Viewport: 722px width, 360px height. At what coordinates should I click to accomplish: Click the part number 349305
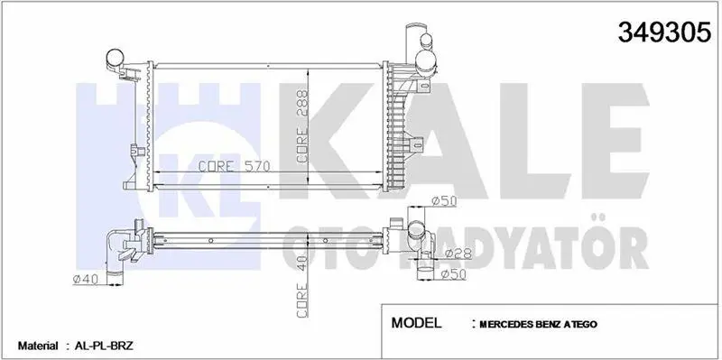(664, 32)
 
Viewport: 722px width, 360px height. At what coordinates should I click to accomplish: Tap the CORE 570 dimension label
(234, 166)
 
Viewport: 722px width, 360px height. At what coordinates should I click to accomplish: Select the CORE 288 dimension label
(302, 126)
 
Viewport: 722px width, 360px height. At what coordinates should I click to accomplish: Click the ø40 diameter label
(86, 279)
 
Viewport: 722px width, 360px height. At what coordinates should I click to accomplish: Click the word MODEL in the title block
(416, 322)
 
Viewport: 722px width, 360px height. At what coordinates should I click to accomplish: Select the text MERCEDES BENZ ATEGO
(538, 324)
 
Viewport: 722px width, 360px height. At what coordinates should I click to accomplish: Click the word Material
(38, 346)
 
